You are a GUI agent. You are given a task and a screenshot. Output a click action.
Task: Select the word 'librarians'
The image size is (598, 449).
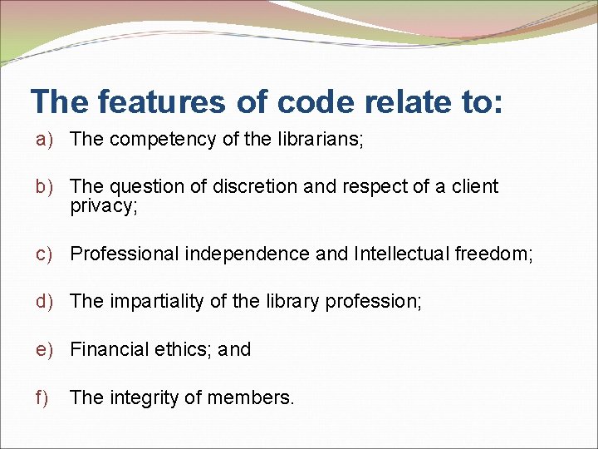(x=319, y=139)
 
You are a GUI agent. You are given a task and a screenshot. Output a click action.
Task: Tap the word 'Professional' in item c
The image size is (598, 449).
(x=125, y=254)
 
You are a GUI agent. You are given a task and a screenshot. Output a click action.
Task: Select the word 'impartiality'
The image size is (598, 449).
(x=156, y=302)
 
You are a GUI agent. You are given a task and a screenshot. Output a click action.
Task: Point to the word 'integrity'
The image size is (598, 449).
(x=145, y=397)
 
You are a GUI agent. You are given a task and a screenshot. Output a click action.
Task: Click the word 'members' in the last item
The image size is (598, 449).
(x=249, y=397)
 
